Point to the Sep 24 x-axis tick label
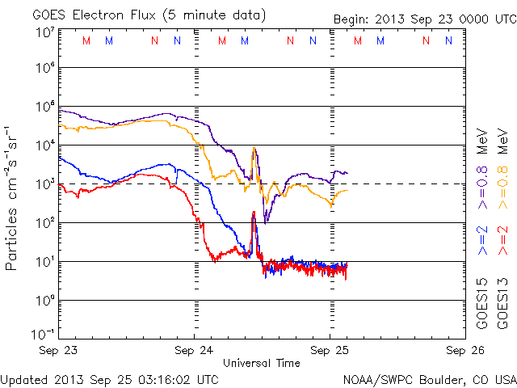(195, 350)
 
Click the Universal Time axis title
(262, 363)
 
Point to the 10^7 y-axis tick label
(44, 32)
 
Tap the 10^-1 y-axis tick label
(43, 334)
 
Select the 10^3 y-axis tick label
(44, 183)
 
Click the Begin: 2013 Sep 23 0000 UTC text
(424, 20)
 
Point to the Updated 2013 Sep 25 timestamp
(110, 378)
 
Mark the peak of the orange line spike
(254, 148)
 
